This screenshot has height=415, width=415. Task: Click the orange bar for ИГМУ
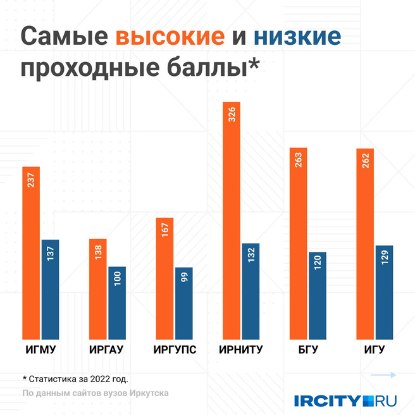31,253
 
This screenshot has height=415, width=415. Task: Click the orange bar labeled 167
164,278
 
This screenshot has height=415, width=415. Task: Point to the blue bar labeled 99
183,303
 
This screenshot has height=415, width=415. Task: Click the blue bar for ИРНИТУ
251,291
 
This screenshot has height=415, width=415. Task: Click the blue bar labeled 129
384,292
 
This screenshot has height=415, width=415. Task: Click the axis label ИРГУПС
175,350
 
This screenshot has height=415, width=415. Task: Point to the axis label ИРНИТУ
240,350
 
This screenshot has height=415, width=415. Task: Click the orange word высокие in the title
170,37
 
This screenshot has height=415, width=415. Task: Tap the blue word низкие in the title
297,37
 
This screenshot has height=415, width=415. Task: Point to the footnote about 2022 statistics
75,379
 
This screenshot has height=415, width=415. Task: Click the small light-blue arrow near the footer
383,375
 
